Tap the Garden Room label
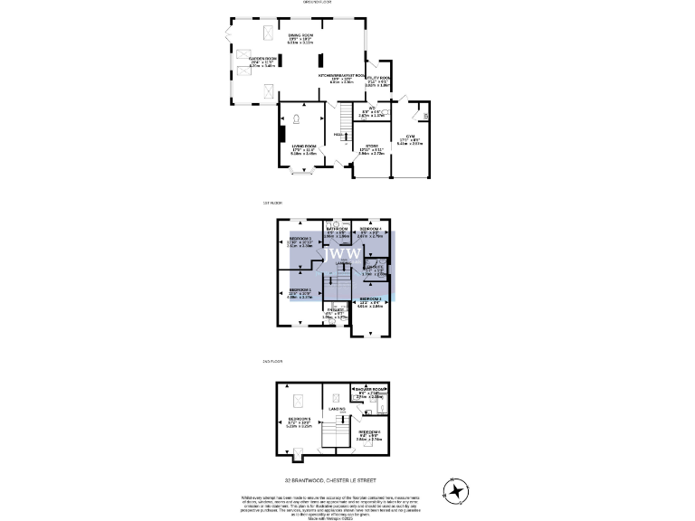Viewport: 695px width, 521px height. tap(263, 57)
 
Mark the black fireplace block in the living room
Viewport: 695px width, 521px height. tap(281, 136)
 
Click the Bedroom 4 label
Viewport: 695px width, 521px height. tap(371, 230)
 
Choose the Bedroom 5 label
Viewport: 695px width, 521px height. tap(300, 420)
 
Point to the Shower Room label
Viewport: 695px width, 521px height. tap(372, 393)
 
